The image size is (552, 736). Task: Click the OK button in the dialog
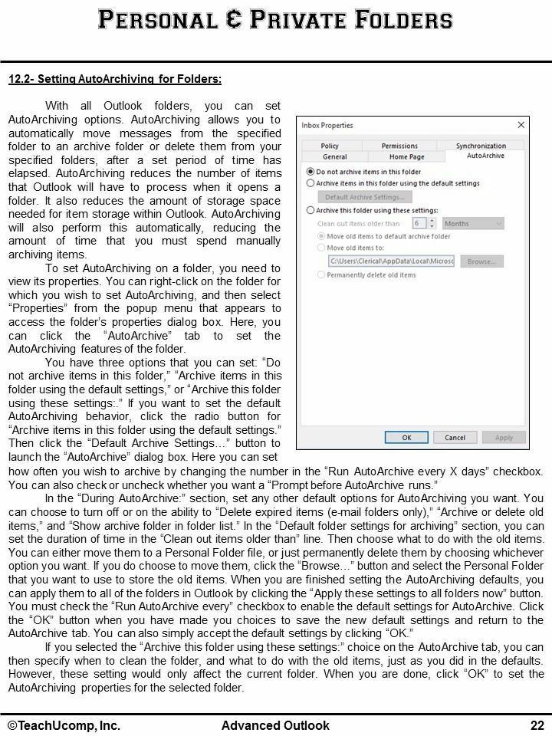(406, 438)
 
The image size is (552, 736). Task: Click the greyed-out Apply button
(504, 438)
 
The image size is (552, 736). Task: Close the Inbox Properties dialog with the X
(521, 125)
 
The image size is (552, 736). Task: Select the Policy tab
(330, 146)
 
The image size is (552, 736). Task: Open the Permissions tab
(399, 146)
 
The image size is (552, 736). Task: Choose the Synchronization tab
(481, 146)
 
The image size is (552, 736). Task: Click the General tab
(334, 156)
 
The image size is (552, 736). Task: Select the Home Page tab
(406, 156)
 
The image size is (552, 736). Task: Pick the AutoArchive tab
(485, 156)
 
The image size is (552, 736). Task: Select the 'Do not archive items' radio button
(310, 172)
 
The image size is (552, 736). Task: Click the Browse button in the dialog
(481, 261)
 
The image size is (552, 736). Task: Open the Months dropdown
(472, 223)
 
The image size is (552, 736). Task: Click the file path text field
(390, 261)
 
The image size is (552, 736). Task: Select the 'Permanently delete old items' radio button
(321, 275)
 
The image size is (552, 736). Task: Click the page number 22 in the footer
(537, 725)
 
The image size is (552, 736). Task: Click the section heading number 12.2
(19, 79)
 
